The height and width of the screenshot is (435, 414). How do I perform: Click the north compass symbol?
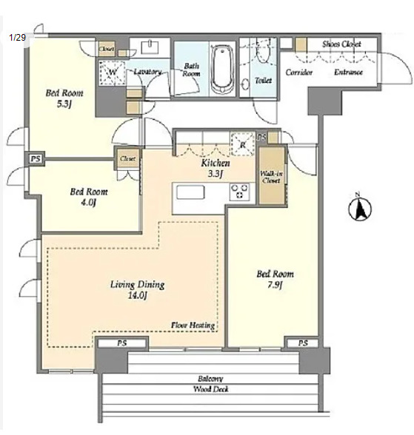tap(360, 207)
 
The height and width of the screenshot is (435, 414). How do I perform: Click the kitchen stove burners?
tap(239, 192)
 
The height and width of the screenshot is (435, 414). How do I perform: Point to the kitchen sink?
tap(190, 192)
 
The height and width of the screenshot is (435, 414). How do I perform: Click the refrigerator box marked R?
tap(243, 144)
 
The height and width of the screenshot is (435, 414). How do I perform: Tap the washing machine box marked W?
tap(112, 72)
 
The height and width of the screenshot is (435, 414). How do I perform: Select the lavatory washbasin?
tap(150, 47)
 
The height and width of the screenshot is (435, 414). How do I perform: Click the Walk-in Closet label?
tap(271, 177)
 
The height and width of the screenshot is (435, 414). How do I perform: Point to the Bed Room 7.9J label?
tap(275, 280)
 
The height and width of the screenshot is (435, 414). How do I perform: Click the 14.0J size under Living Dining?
tap(137, 296)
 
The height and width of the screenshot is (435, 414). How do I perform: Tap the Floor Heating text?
tap(193, 326)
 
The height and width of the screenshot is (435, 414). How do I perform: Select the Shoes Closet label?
tap(341, 44)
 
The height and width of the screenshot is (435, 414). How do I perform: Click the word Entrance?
tap(349, 72)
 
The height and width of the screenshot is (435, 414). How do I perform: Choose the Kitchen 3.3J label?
tap(216, 168)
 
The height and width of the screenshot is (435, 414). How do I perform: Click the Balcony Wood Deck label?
tap(211, 384)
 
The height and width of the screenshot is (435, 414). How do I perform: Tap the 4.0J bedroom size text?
tap(88, 203)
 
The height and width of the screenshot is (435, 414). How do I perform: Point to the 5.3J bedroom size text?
tap(64, 104)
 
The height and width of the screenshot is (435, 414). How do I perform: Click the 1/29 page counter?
tap(17, 37)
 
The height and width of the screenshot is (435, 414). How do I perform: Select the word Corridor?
tap(299, 72)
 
